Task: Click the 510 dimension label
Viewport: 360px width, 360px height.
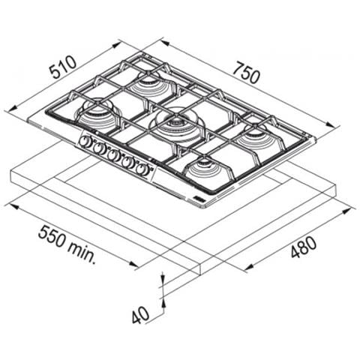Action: [x=63, y=67]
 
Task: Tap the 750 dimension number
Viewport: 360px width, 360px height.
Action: [x=246, y=73]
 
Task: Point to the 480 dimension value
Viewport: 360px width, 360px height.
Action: [x=303, y=247]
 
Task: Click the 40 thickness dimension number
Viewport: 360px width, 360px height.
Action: [x=140, y=315]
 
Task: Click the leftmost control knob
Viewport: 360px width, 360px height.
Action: [x=85, y=142]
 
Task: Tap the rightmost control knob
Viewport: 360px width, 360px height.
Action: [x=142, y=169]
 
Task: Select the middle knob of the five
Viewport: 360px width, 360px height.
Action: [x=113, y=155]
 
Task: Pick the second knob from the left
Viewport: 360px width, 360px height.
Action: [x=99, y=148]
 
